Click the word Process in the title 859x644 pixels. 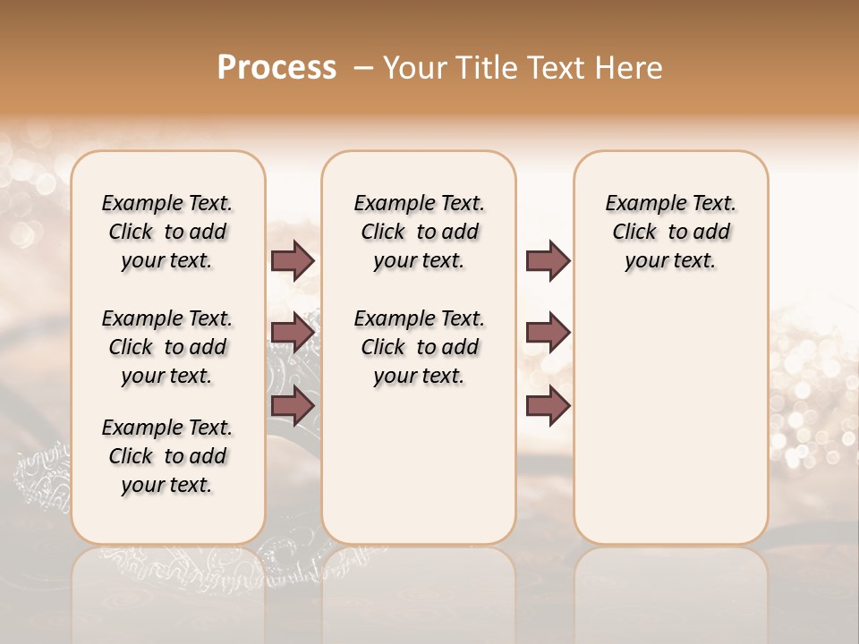coord(276,68)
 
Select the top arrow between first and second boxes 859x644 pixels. coord(293,260)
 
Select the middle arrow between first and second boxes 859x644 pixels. coord(293,333)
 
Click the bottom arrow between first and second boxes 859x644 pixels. coord(293,406)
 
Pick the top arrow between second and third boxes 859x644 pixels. coord(548,260)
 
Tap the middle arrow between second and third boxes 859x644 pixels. coord(548,333)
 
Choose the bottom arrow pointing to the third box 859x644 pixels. coord(548,406)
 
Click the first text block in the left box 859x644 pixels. coord(167,232)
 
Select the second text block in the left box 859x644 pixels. coord(167,347)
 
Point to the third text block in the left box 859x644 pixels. coord(167,456)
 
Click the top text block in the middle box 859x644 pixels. coord(419,232)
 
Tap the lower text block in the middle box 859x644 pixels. coord(419,347)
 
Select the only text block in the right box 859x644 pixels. coord(671,232)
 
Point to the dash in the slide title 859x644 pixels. coord(363,68)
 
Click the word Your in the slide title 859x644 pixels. coord(417,68)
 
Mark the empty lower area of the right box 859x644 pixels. coord(671,420)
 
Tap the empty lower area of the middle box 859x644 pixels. coord(419,465)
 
